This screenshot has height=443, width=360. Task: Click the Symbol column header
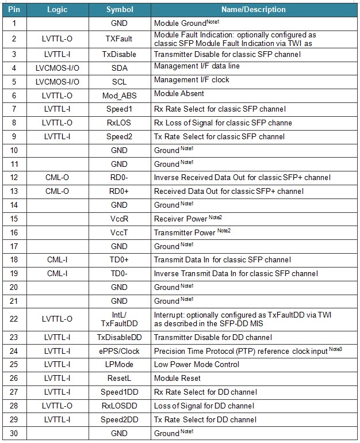click(x=120, y=10)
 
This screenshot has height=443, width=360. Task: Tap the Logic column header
click(x=57, y=10)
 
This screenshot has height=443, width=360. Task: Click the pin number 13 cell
click(x=14, y=191)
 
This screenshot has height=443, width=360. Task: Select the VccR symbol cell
click(x=120, y=219)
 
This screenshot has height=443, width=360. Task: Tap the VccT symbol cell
click(x=120, y=232)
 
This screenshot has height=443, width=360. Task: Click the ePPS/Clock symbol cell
click(x=120, y=351)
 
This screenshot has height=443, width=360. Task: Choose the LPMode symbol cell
click(x=120, y=365)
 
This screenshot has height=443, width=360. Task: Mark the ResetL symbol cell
click(x=120, y=379)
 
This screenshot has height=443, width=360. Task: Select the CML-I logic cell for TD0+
click(x=57, y=259)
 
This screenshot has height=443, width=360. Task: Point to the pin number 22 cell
click(x=14, y=319)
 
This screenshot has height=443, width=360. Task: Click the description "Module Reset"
click(x=177, y=379)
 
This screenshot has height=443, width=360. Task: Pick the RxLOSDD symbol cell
click(x=120, y=406)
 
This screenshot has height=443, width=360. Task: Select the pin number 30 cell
click(x=14, y=433)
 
